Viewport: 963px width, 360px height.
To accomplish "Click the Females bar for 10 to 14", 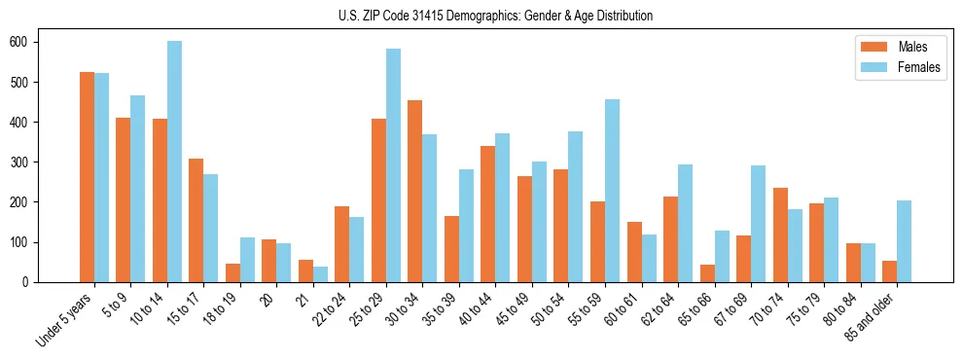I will [174, 162].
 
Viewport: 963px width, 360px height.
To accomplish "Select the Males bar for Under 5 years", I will [87, 177].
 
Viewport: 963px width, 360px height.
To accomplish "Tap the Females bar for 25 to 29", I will [393, 165].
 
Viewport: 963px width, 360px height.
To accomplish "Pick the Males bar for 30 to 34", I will [415, 191].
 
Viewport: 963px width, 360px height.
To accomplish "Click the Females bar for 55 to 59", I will [613, 191].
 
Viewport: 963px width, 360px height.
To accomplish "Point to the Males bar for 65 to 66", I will [707, 273].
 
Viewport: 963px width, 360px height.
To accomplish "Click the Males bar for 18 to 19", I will [232, 272].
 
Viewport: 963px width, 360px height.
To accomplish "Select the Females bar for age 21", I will [320, 274].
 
